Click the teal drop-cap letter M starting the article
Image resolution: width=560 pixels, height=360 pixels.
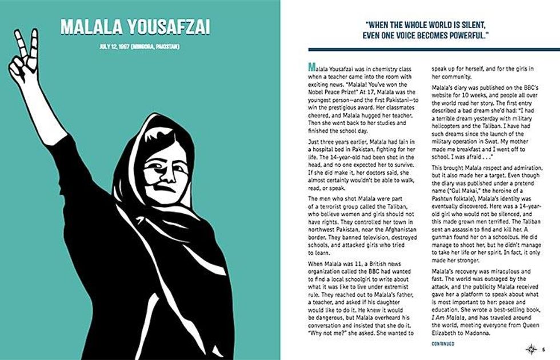310,67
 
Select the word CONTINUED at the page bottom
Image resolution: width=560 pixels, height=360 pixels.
443,343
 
